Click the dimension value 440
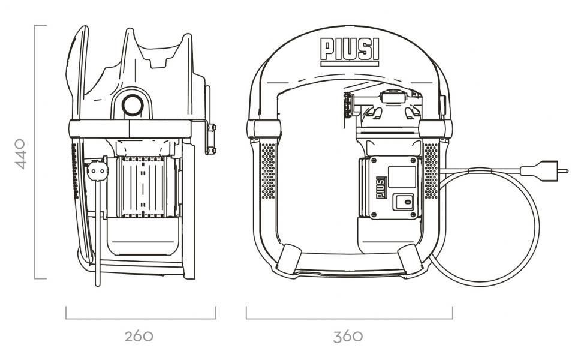pyautogui.click(x=20, y=153)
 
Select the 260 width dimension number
pyautogui.click(x=139, y=335)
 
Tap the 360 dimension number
pyautogui.click(x=348, y=335)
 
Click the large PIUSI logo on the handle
pyautogui.click(x=350, y=50)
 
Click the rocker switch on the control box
pyautogui.click(x=404, y=202)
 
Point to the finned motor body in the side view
pyautogui.click(x=144, y=186)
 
